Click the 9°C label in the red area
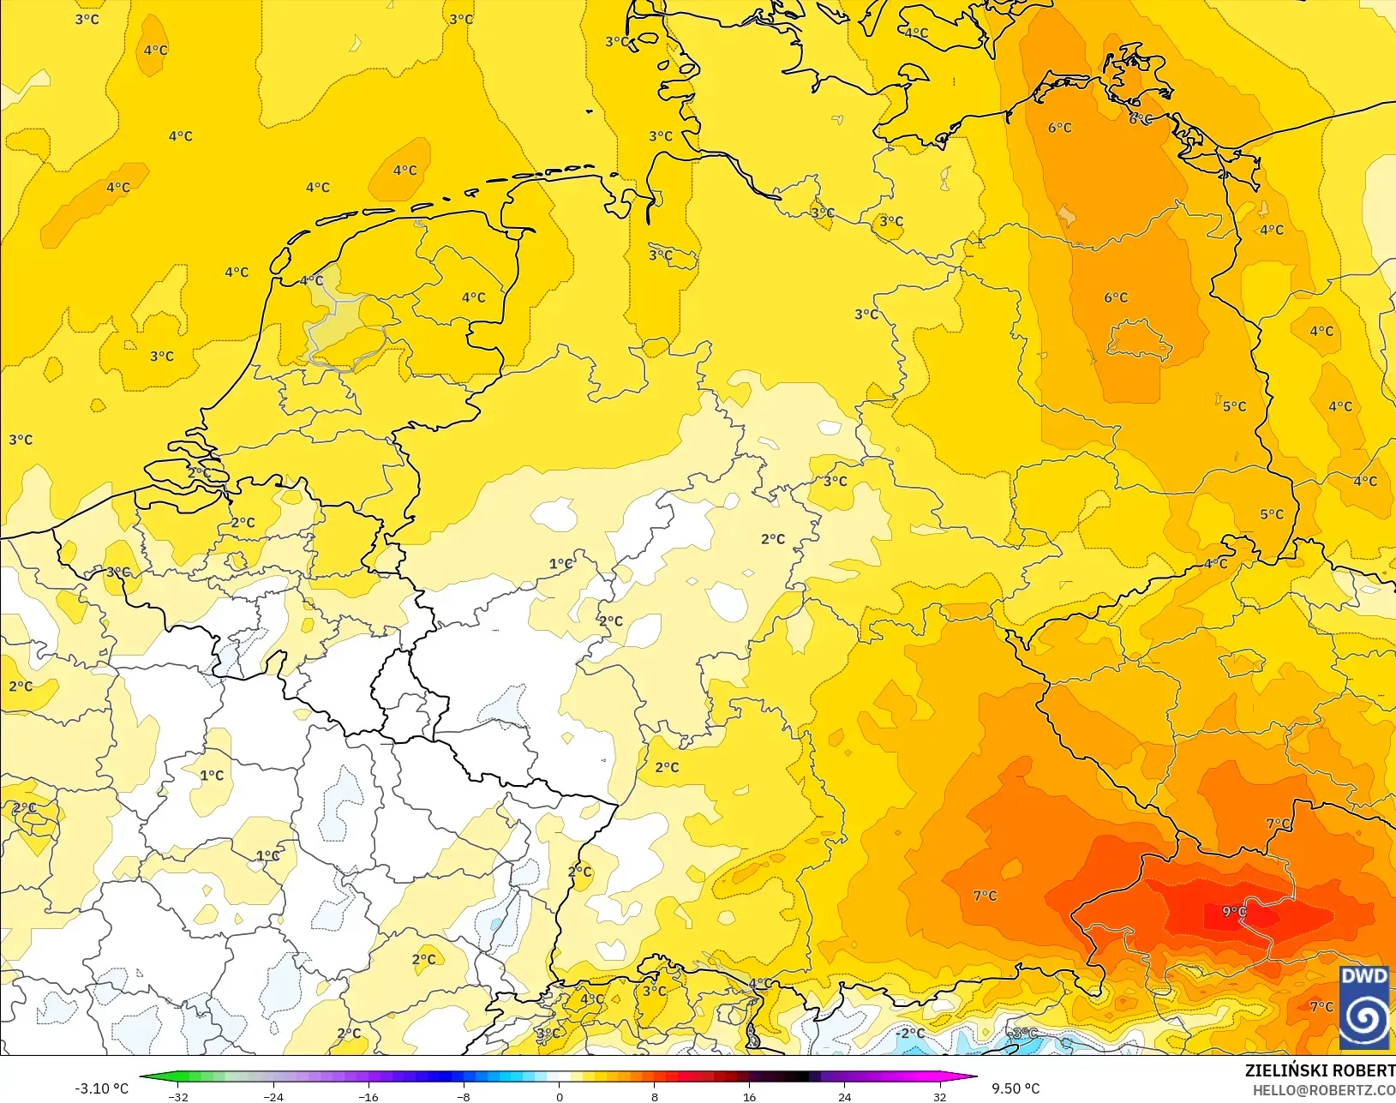(1234, 912)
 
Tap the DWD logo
(1364, 1008)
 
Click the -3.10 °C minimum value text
(101, 1088)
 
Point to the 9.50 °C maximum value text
(1016, 1088)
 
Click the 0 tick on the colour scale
(559, 1097)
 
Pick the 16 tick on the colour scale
(749, 1097)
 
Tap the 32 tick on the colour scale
(940, 1097)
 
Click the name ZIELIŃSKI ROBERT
(1320, 1070)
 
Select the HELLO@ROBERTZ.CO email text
(1324, 1090)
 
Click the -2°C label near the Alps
(911, 1034)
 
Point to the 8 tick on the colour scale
(654, 1097)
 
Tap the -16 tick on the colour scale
(368, 1097)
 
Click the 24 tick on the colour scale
(844, 1097)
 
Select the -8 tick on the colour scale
(463, 1097)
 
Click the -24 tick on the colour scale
(273, 1097)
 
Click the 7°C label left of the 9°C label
(985, 896)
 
